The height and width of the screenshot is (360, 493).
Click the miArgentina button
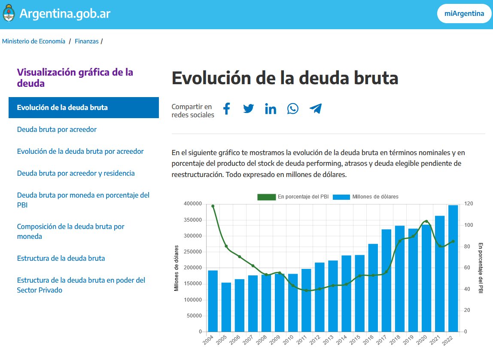pos(464,14)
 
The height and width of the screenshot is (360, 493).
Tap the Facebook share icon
pos(226,109)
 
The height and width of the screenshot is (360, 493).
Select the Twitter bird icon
pos(249,109)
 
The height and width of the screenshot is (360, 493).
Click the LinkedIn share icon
pos(271,109)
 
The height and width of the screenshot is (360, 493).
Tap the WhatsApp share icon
pos(293,109)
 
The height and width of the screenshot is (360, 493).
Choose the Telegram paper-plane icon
pos(316,109)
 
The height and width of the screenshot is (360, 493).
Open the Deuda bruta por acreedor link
pos(57,129)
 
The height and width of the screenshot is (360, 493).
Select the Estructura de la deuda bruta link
pos(61,258)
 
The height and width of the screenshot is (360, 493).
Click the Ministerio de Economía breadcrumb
pos(34,41)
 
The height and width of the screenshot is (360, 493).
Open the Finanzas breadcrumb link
pos(86,41)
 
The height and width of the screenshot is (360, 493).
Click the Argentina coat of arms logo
pos(9,14)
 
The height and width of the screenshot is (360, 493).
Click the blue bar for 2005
pos(226,307)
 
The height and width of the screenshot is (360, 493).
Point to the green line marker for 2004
pos(213,206)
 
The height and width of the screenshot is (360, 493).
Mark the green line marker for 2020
pos(426,221)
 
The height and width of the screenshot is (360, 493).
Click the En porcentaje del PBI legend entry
pos(293,197)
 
